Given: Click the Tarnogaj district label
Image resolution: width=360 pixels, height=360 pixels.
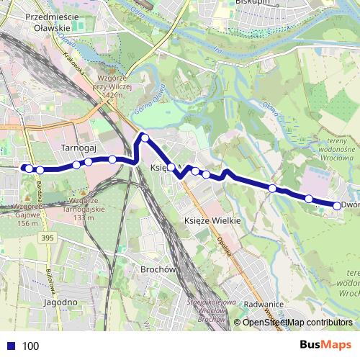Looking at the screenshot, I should pos(78,147).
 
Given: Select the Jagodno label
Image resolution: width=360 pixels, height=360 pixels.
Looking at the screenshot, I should pos(60,302).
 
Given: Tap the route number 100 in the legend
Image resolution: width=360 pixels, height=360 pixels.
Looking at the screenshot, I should pos(30,346).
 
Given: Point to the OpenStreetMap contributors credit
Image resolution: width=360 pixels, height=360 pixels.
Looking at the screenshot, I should pos(297,323).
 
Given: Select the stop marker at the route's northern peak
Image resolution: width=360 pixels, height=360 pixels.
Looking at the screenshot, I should pos(145,138).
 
